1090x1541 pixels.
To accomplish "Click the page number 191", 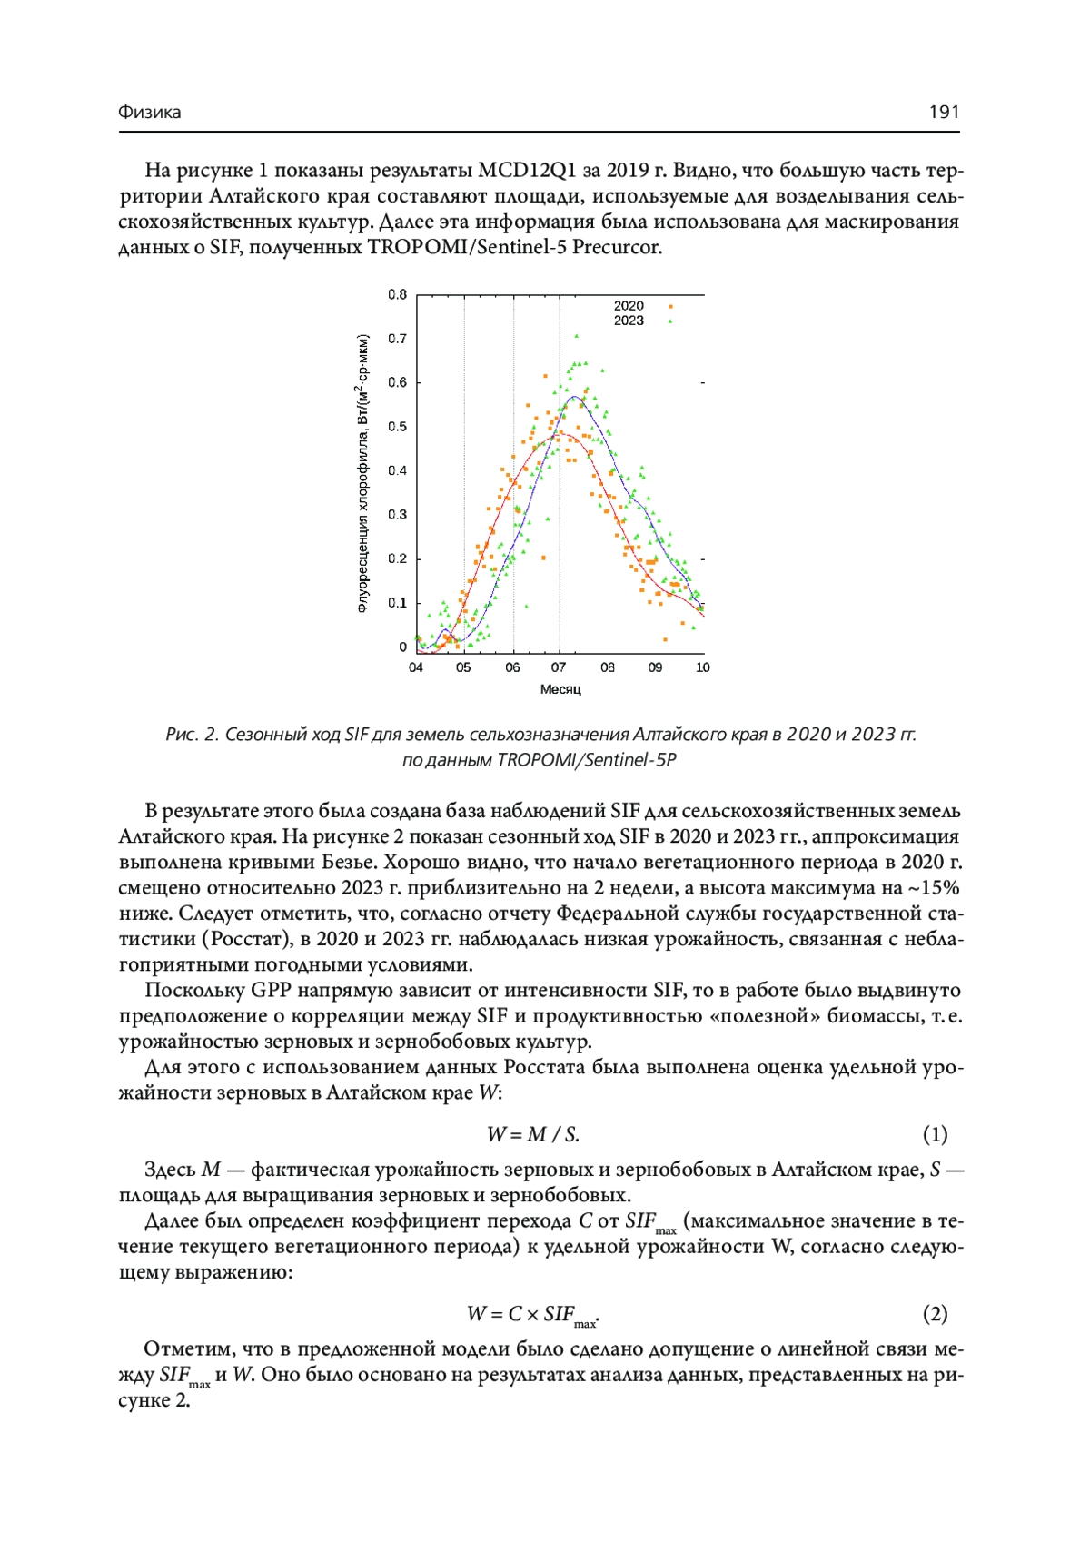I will coord(944,112).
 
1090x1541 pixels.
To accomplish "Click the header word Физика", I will coord(150,112).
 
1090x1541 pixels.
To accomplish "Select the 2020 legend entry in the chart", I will coord(629,306).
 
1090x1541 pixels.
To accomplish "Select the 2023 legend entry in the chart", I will coord(629,321).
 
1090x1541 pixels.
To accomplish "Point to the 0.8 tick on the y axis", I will coord(398,294).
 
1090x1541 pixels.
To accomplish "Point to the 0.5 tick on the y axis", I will coord(398,427).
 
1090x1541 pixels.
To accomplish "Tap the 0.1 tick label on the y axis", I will coord(398,603).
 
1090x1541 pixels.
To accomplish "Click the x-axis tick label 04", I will coord(416,667).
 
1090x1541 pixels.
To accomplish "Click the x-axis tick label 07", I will coord(559,667).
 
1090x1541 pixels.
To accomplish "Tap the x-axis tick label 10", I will coord(703,667).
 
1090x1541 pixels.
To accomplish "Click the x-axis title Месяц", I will coord(560,689).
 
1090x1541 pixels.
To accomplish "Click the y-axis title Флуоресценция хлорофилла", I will coord(363,472).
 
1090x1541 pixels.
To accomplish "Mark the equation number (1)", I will coord(935,1134).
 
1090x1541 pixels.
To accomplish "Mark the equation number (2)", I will coord(935,1313).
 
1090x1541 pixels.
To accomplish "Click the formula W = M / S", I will coord(533,1134).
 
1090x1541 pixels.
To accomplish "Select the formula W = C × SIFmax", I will coord(532,1314).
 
